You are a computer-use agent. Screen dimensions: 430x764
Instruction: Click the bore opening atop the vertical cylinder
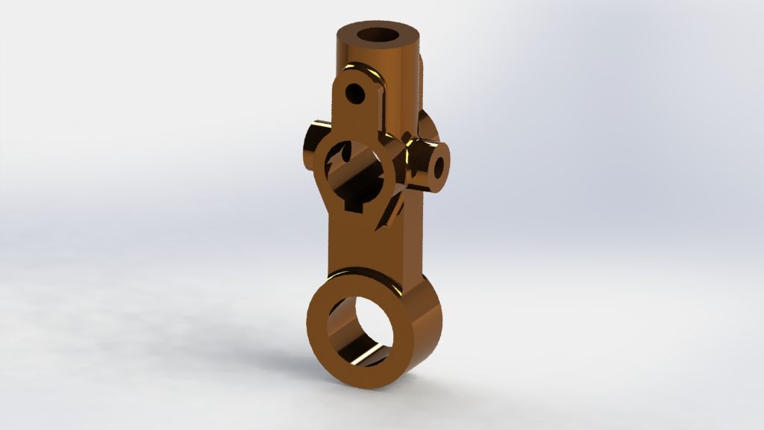381,34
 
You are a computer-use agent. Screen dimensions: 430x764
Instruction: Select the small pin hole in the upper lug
357,94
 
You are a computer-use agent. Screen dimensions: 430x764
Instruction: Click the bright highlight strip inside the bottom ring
370,357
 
